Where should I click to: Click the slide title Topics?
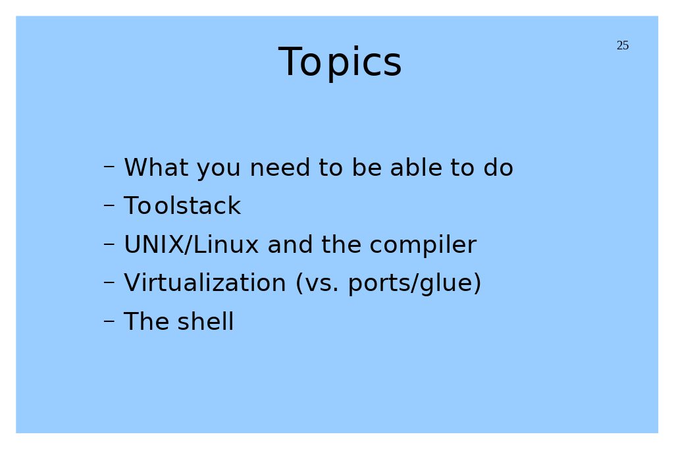340,63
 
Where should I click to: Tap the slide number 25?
623,45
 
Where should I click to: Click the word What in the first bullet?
156,167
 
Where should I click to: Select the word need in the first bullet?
280,167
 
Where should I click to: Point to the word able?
416,167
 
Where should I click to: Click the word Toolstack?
182,205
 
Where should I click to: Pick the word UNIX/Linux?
192,244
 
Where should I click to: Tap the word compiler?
423,246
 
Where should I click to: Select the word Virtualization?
205,283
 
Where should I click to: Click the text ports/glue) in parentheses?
415,284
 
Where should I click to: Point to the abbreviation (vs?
317,284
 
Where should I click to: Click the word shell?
205,322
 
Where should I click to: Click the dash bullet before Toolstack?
109,205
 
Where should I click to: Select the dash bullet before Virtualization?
109,282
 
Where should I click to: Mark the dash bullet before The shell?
109,321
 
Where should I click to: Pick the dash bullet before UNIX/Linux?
109,244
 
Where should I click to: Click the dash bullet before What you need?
109,167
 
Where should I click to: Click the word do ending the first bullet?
498,167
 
